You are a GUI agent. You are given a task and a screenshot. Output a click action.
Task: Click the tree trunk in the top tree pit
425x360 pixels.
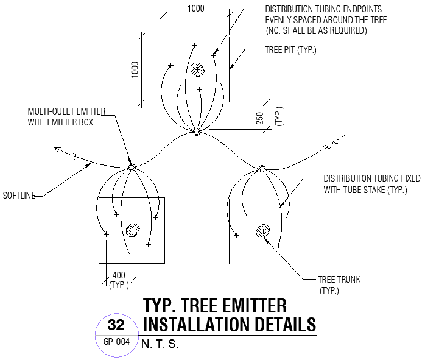coord(197,69)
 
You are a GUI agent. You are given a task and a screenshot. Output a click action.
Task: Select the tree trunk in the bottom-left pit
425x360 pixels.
coord(132,230)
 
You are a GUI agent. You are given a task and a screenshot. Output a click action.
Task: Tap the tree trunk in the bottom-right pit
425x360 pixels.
coord(263,231)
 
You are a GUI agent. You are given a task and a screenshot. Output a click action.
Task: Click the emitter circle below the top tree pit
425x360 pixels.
coord(196,132)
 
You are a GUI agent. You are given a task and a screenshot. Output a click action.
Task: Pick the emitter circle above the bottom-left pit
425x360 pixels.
coord(131,168)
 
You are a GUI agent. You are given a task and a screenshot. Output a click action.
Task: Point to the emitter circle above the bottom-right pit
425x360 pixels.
coord(262,168)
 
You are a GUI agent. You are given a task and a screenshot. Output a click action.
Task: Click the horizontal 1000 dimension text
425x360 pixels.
coord(195,9)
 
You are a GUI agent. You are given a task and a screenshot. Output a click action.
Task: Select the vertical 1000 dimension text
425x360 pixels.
coord(135,68)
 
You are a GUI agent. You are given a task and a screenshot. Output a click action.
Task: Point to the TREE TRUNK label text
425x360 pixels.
coord(339,280)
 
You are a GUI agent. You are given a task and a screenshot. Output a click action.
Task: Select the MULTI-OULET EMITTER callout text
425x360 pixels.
coord(66,111)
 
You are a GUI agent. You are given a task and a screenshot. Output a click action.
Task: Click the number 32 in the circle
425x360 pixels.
coord(116,324)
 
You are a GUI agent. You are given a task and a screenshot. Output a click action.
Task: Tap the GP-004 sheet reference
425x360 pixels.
coord(116,342)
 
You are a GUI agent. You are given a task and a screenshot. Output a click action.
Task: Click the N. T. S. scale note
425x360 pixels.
coord(160,344)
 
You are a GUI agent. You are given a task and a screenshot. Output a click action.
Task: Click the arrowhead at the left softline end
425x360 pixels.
coord(57,148)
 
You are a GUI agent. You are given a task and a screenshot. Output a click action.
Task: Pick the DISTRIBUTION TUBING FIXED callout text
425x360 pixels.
coord(371,179)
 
